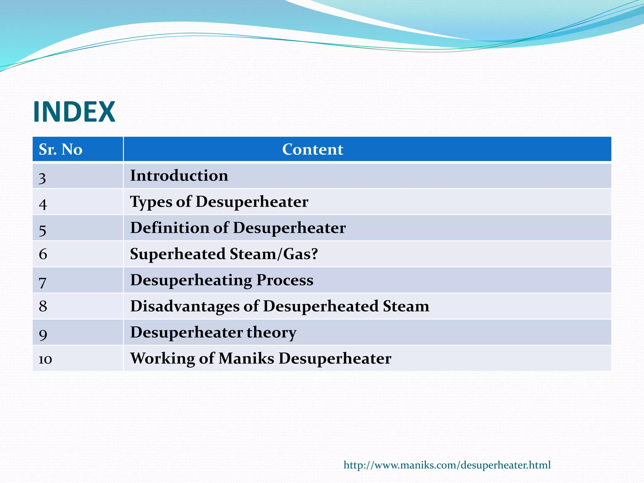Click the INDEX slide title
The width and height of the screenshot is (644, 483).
point(74,112)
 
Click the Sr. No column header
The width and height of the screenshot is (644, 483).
point(60,149)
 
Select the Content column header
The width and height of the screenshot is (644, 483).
point(313,149)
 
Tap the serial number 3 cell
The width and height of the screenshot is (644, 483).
point(42,178)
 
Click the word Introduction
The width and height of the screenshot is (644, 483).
point(179,175)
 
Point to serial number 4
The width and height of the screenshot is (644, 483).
point(43,204)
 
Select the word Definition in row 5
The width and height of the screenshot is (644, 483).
point(169,228)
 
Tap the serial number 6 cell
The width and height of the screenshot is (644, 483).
point(43,254)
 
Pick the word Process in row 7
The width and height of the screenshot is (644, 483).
point(285,280)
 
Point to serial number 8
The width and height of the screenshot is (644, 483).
point(43,306)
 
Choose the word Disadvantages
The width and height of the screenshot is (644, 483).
point(185,306)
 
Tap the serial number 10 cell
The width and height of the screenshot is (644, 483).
point(45,359)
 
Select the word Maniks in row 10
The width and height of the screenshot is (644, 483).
point(246,358)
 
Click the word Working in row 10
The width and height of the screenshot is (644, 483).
point(162,358)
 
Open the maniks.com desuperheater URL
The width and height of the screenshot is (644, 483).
point(447,465)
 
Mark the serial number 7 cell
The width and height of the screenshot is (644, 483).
point(42,282)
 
